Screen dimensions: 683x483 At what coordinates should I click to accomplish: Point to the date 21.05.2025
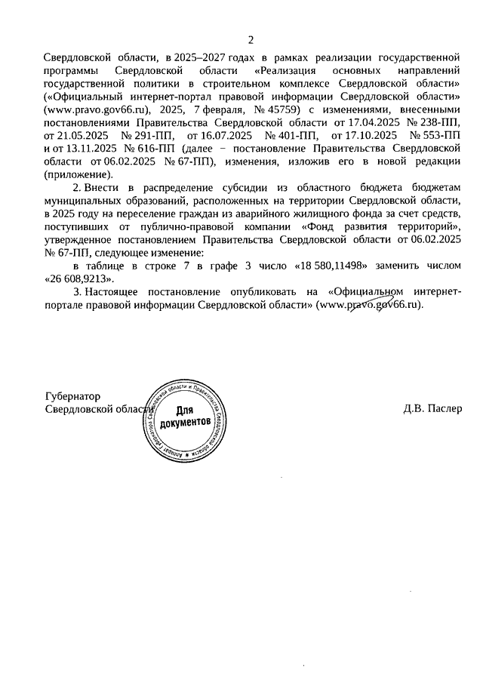coord(85,134)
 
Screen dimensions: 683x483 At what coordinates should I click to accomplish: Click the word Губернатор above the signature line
coord(73,395)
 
